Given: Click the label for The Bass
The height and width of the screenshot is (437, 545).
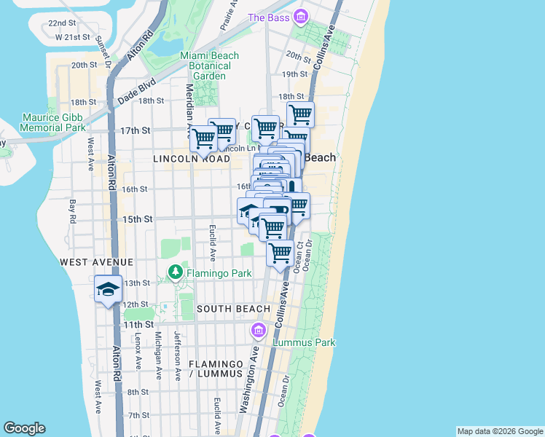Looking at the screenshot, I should point(268,17).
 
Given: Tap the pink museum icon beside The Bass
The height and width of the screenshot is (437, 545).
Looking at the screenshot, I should point(300,17).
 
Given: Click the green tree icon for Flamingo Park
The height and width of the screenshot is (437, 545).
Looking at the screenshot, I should point(175,272).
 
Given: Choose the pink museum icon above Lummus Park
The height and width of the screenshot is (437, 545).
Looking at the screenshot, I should point(258,331).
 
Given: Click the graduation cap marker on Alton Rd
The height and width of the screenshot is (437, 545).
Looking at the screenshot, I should point(108,289).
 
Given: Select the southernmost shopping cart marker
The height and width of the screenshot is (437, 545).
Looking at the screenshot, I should point(280,253).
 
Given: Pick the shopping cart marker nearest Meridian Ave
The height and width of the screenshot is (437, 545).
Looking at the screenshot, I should point(203,136).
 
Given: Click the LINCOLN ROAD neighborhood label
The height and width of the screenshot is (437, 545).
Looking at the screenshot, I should point(190,158).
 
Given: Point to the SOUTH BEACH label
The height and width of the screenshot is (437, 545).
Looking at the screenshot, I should point(233,309).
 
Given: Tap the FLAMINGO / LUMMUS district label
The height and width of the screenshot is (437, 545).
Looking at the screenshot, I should point(215,369).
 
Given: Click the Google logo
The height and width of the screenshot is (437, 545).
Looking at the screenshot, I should point(24,428).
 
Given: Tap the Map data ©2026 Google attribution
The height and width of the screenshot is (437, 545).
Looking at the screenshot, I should point(499,431).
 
